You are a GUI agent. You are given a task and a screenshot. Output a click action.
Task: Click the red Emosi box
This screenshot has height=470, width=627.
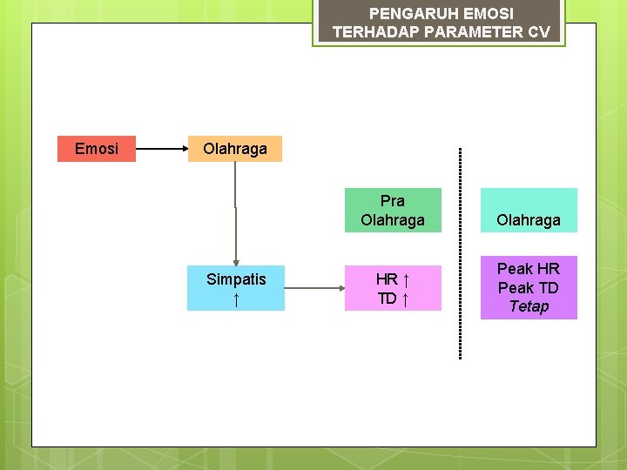coord(97,149)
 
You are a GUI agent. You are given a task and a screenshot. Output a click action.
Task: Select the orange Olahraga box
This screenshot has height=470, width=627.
coord(235,149)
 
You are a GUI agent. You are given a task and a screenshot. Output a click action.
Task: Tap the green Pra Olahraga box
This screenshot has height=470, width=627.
coord(393,211)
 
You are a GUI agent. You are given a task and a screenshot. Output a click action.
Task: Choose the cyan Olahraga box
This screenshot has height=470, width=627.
coord(529,210)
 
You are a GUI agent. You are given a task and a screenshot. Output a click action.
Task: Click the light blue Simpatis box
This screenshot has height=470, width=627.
coord(236,288)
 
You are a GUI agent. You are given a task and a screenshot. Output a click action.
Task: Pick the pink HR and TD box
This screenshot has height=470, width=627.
coord(393,288)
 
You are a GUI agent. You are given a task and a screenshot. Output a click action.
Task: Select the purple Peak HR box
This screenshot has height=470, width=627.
coord(529,287)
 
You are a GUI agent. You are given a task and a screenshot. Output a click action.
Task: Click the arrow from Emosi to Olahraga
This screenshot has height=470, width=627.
coord(162,149)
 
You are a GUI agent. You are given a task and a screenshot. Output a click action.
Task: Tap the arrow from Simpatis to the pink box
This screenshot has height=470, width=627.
coord(314,288)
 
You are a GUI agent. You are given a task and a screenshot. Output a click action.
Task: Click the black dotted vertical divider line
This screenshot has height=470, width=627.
coord(460,252)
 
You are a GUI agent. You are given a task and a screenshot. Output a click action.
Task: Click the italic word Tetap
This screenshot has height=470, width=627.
coord(529,306)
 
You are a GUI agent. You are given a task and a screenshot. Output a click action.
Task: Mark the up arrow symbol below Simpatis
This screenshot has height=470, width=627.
coord(236,299)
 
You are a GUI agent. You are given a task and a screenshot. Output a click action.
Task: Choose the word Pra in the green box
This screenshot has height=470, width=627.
coord(393,201)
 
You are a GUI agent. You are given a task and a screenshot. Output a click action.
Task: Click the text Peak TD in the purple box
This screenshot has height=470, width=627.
coord(529,287)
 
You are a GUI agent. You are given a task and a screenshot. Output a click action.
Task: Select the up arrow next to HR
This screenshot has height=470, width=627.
coord(408,279)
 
